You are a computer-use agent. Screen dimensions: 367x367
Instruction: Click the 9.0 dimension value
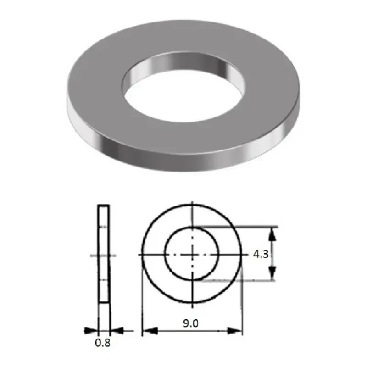191,323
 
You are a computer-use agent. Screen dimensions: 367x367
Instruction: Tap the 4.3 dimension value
261,254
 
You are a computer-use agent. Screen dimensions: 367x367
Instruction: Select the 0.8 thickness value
103,342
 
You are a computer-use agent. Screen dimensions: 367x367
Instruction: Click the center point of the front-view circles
192,254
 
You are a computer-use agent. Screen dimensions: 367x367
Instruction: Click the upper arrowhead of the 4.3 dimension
272,234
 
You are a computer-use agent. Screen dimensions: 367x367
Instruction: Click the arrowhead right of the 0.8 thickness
116,330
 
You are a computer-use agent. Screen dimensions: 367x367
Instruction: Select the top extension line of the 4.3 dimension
239,227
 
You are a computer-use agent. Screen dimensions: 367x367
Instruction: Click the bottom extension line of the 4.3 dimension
239,280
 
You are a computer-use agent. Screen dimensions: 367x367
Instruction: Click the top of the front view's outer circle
192,204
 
